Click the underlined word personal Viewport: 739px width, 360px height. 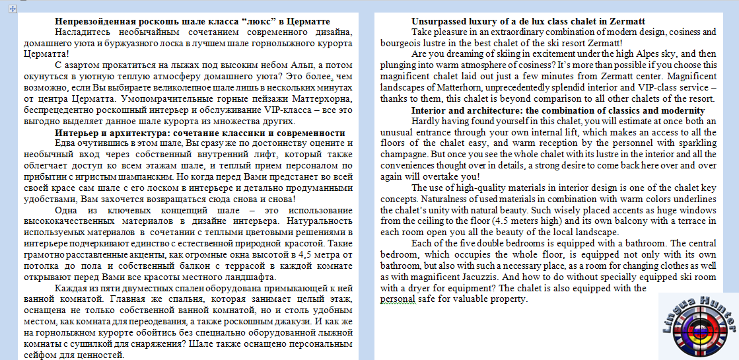click(x=398, y=299)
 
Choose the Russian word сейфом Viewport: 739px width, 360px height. click(x=43, y=355)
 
